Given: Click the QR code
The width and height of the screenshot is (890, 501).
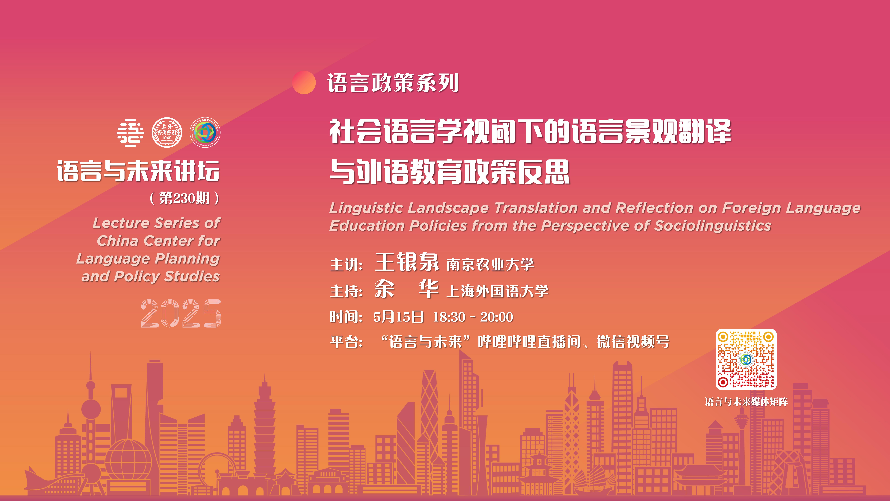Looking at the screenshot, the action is point(746,359).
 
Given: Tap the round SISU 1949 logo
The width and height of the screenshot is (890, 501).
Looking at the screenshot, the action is point(167,132).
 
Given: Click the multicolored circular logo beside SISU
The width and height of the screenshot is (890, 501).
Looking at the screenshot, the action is point(205,132).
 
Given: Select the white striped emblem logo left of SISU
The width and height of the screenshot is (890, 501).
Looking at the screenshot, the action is point(130,133).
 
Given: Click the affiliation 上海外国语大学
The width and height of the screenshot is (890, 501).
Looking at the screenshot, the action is point(497,291).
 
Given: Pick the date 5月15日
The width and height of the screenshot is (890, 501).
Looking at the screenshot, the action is point(398,317).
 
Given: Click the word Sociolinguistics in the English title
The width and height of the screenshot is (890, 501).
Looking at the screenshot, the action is point(713,226).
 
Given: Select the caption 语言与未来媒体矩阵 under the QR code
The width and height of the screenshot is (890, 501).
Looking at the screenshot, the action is point(746,402).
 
